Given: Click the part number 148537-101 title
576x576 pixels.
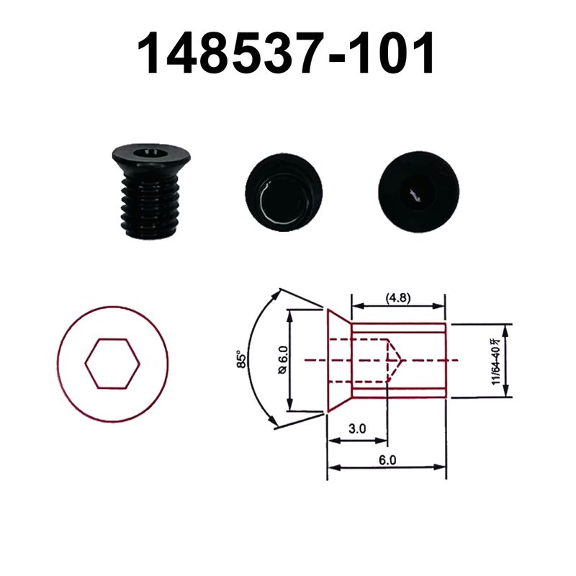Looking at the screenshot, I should tap(287, 54).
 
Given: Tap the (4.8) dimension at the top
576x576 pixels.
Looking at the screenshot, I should tap(398, 297).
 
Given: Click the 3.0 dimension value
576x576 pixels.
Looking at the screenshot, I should tap(357, 428).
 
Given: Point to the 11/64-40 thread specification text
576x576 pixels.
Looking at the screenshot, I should tap(496, 360).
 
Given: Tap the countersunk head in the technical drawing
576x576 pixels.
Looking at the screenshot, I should tap(338, 360).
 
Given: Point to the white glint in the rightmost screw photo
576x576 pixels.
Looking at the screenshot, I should tap(415, 193).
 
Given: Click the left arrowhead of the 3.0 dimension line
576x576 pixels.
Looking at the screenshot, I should tap(331, 441).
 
